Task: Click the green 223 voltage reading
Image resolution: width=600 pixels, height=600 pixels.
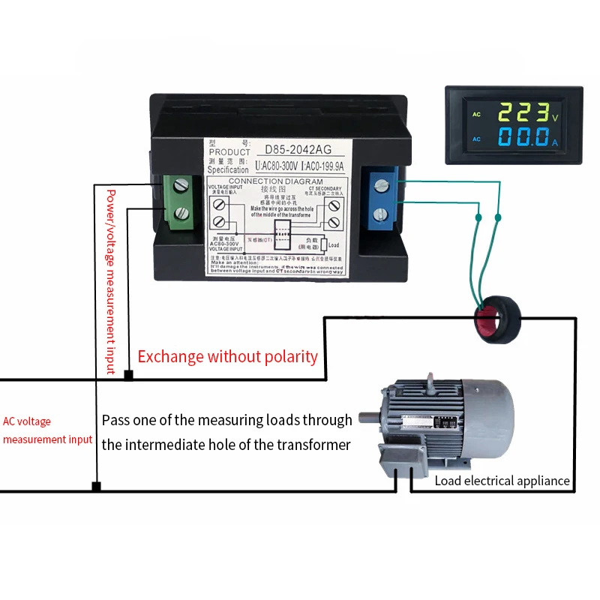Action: pyautogui.click(x=523, y=113)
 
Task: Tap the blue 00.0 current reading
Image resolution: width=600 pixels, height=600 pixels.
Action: pyautogui.click(x=523, y=139)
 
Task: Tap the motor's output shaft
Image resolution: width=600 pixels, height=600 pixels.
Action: pyautogui.click(x=368, y=418)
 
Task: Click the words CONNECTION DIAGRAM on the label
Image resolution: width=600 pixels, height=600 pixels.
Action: pyautogui.click(x=274, y=181)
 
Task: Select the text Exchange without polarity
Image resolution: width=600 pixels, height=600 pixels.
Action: pyautogui.click(x=227, y=356)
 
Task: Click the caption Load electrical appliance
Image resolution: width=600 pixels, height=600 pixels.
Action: pyautogui.click(x=502, y=481)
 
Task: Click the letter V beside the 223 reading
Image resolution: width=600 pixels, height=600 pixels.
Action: pyautogui.click(x=555, y=118)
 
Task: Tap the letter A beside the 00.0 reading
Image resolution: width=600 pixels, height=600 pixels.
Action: pyautogui.click(x=555, y=142)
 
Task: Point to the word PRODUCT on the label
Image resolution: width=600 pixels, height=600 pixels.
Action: pyautogui.click(x=229, y=152)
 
